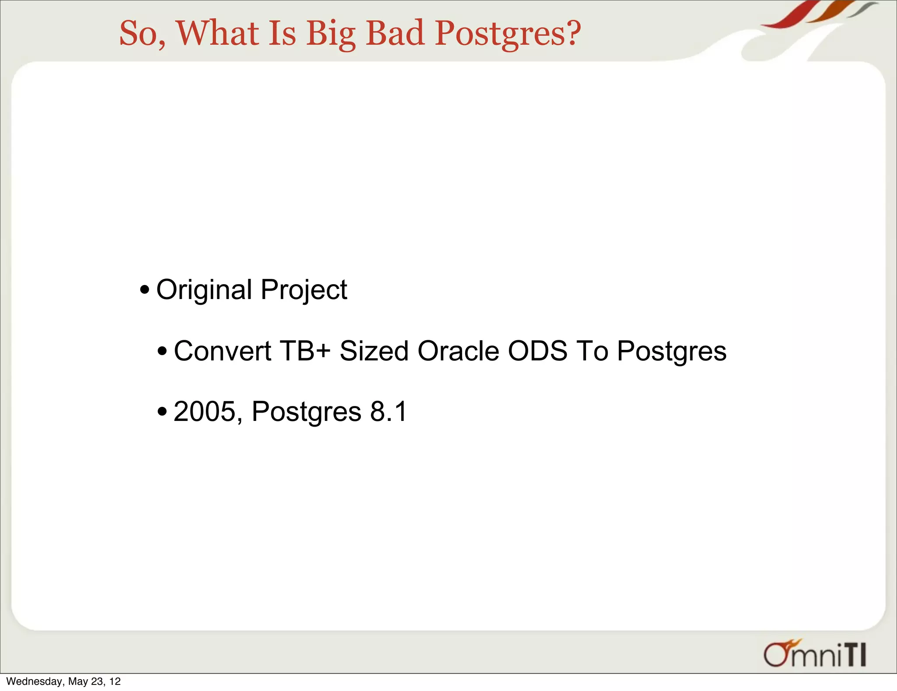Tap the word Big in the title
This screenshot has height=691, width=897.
click(x=331, y=33)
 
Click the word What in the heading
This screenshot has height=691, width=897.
click(x=217, y=33)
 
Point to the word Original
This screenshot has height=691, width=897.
click(x=204, y=290)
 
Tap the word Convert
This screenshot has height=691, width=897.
click(x=222, y=351)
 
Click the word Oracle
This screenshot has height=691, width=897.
click(x=458, y=351)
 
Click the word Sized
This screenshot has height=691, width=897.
click(x=374, y=351)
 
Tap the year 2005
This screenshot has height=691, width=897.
click(x=204, y=411)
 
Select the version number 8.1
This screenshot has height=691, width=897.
click(x=388, y=411)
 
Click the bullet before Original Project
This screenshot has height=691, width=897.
click(x=145, y=290)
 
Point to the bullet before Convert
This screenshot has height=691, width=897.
click(x=162, y=351)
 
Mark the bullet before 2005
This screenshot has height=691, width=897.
click(x=162, y=412)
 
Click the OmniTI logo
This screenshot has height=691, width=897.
click(x=815, y=654)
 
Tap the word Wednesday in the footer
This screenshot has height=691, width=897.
click(x=34, y=681)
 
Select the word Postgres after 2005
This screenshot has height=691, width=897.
click(x=307, y=411)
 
